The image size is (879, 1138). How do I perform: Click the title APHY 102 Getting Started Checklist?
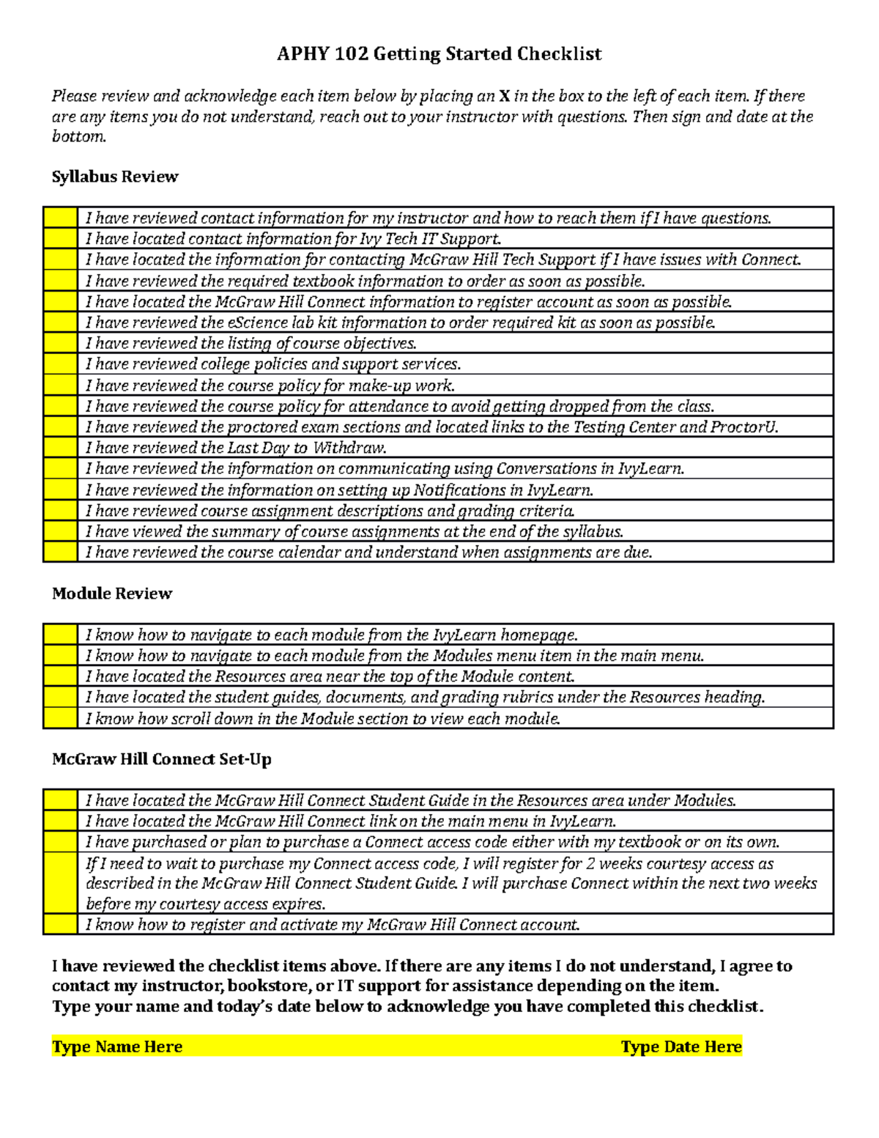point(439,54)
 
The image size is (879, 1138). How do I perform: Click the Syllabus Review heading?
point(115,177)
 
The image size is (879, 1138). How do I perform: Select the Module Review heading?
point(111,594)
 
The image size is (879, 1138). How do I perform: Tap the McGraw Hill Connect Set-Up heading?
point(161,759)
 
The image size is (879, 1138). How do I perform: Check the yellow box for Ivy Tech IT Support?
point(60,239)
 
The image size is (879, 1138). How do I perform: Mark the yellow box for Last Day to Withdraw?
point(60,448)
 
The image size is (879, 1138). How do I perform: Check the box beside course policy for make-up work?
point(60,385)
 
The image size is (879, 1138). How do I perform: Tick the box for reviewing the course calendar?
point(60,552)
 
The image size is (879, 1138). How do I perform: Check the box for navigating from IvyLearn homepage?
point(60,635)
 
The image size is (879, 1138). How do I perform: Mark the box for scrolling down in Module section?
point(60,718)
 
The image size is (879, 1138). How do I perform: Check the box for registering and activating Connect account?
point(60,924)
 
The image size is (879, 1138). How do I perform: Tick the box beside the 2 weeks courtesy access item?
point(60,883)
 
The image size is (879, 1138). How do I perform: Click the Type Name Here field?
point(117,1046)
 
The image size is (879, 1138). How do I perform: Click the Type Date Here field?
point(681,1046)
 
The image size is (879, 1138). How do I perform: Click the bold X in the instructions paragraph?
point(504,96)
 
